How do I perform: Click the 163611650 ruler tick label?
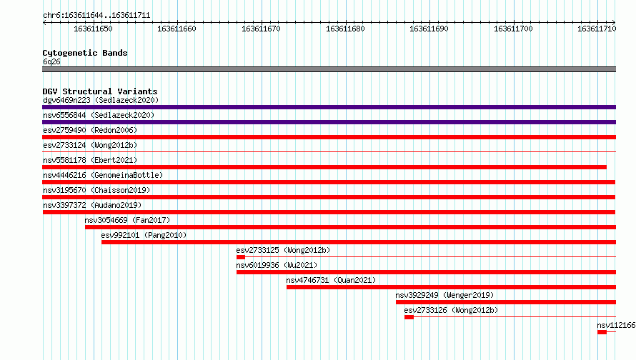(93, 29)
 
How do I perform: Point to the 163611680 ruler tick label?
(345, 29)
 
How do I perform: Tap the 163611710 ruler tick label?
(597, 29)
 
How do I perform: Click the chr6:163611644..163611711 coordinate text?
(96, 16)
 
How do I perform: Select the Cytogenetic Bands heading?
(85, 53)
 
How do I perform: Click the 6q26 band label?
(51, 61)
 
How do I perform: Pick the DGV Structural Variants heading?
(100, 91)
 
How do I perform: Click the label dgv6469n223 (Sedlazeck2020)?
(101, 100)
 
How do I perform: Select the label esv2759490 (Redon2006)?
(90, 130)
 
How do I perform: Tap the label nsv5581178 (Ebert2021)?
(90, 160)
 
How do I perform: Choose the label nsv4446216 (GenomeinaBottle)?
(103, 175)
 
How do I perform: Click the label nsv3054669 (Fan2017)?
(127, 220)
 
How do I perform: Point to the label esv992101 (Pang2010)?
(144, 235)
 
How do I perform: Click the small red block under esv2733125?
(241, 257)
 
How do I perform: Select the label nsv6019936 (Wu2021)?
(277, 265)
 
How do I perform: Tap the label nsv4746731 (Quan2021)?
(331, 280)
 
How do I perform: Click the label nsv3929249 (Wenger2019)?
(444, 295)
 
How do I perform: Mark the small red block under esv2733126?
(409, 317)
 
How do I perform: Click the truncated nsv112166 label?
(616, 325)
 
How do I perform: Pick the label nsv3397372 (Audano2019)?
(92, 205)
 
